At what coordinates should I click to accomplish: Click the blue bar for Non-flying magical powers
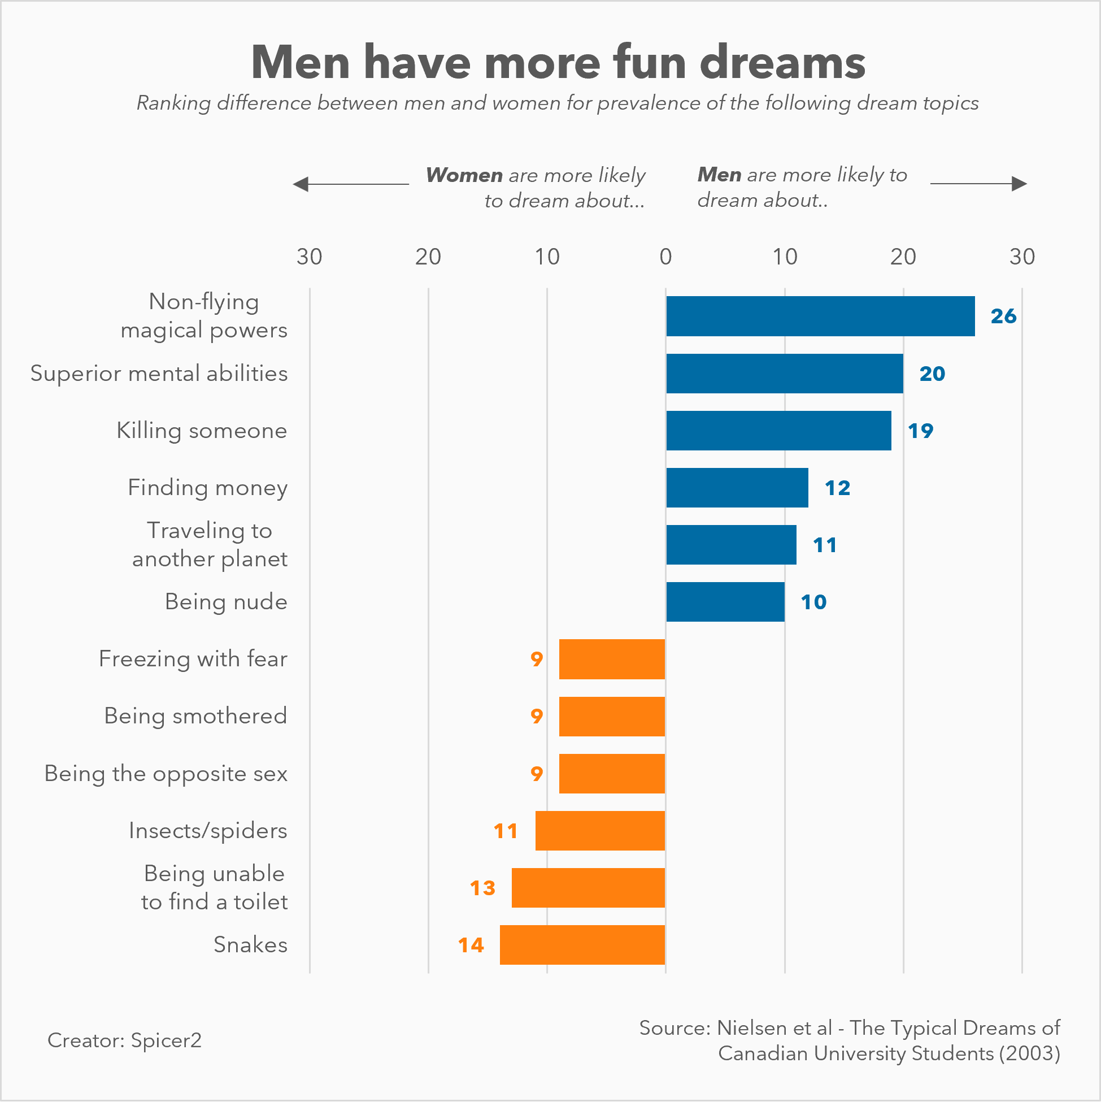pos(820,316)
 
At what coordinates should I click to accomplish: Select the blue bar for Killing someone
pos(778,431)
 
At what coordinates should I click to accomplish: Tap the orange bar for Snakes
pos(582,944)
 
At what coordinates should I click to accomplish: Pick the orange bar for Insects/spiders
pos(600,831)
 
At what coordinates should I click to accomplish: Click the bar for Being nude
pos(725,602)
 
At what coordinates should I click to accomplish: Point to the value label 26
pos(1003,316)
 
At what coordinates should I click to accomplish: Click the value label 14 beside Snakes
pos(471,945)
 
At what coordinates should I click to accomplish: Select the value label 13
pos(482,888)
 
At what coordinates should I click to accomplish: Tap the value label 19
pos(920,431)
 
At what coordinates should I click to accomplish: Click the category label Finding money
pos(207,488)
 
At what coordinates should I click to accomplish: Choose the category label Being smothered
pos(195,716)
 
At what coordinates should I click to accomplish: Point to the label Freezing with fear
pos(193,659)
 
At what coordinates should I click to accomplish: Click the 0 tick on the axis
pos(665,257)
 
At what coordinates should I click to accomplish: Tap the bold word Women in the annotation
pos(464,175)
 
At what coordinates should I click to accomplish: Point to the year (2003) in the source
pos(1029,1053)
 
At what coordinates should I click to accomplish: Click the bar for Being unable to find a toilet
pos(588,888)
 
